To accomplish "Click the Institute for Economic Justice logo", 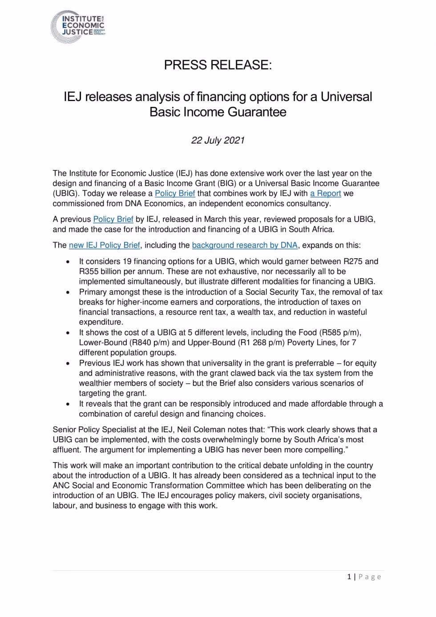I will tap(78, 26).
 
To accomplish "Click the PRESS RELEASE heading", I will tap(218, 65).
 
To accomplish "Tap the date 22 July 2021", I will tap(218, 140).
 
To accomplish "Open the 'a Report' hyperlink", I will tap(325, 193).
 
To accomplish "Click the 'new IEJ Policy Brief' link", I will tap(105, 245).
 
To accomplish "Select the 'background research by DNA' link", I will tap(245, 245).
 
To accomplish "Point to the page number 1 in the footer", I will tap(349, 577).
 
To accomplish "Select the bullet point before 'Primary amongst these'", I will tap(68, 292).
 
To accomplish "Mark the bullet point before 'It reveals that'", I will tap(68, 404).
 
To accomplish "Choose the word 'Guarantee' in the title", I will tap(258, 112).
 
